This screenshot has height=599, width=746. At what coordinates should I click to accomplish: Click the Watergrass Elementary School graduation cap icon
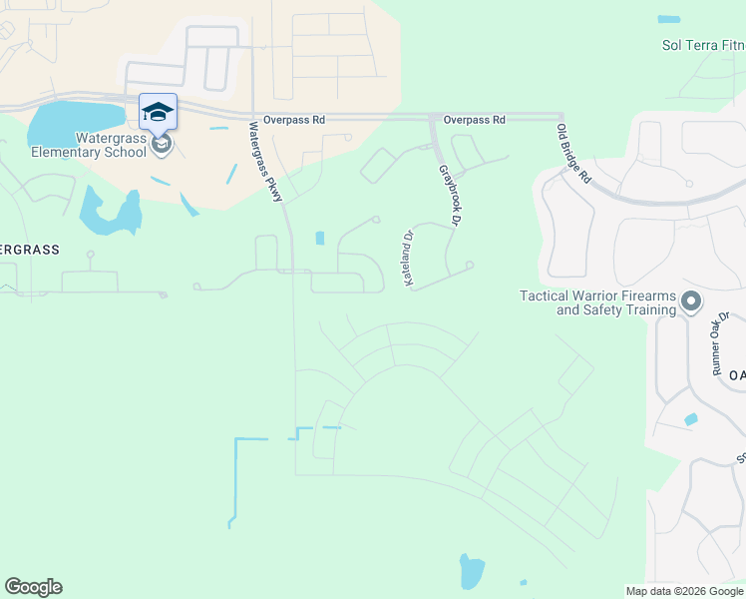(x=158, y=111)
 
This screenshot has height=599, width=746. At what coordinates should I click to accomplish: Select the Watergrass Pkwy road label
(x=266, y=162)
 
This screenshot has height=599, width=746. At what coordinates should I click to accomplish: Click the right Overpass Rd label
(x=475, y=120)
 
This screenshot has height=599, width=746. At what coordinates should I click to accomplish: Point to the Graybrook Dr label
(x=453, y=196)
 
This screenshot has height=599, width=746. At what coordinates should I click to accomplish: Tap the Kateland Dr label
(x=408, y=260)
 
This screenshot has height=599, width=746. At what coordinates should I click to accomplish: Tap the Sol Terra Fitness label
(x=703, y=45)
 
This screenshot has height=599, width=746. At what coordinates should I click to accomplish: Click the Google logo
(x=33, y=587)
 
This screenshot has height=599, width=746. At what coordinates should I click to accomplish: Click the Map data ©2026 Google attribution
(x=684, y=591)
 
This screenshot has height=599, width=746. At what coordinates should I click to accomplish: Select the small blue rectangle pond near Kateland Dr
(x=319, y=238)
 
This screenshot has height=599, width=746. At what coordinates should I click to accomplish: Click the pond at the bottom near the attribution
(x=471, y=571)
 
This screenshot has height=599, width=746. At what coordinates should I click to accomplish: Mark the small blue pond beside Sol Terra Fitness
(x=668, y=19)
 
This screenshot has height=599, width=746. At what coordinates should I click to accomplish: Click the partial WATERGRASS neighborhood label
(x=29, y=250)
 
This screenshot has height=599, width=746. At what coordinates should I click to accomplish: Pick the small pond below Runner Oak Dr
(x=690, y=419)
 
